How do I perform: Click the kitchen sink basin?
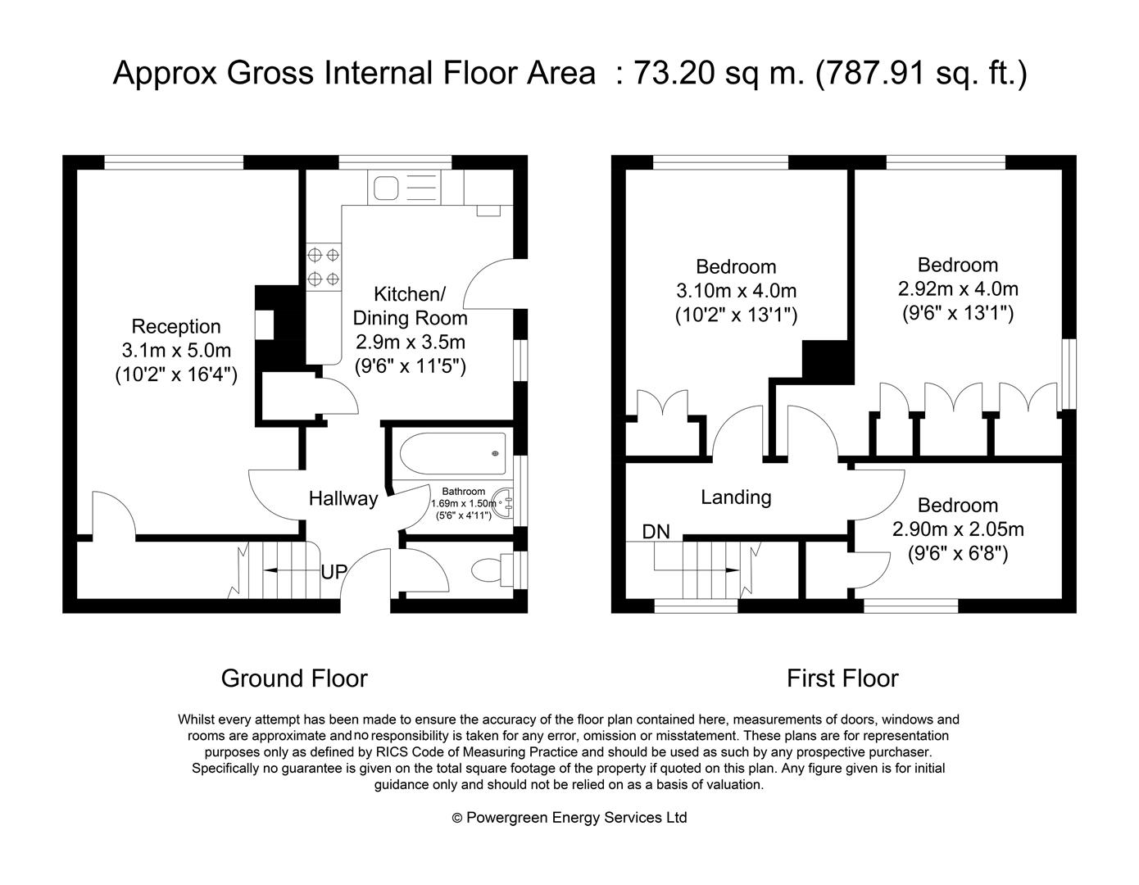coord(386,188)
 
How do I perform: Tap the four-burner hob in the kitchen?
coord(324,267)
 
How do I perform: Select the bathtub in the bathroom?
coord(452,452)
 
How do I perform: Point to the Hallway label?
coord(343,498)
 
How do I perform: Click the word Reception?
coord(176,326)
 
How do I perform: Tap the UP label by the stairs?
coord(334,572)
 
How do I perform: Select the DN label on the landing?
coord(656,532)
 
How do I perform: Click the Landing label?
coord(736,497)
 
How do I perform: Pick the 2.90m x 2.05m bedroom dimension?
coord(958,529)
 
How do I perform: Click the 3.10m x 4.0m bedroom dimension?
coord(736,290)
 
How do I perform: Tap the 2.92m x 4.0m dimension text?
coord(958,288)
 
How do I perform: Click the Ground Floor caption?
coord(294,678)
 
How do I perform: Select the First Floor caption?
coord(842,678)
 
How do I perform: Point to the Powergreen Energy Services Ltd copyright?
coord(569,818)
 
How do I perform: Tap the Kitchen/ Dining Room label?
coord(410,306)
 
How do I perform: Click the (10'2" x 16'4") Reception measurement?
coord(176,374)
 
